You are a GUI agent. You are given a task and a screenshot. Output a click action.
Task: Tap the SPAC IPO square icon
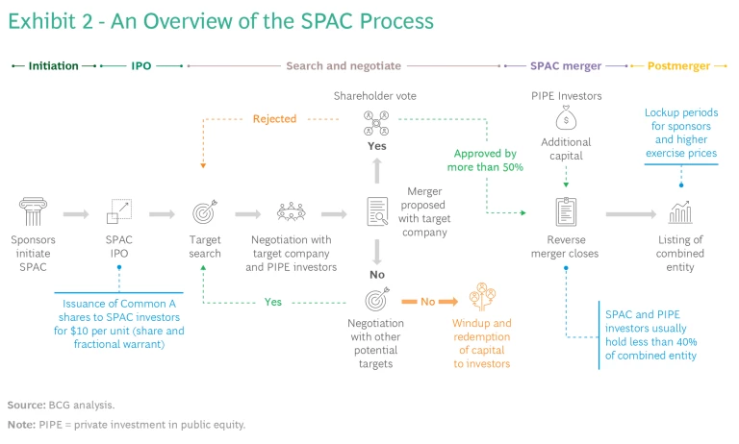click(x=120, y=211)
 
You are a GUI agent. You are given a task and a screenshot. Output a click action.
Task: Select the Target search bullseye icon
click(x=205, y=211)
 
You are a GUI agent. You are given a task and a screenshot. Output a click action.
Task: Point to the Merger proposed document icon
click(x=377, y=211)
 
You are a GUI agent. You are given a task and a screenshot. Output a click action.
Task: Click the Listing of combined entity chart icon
click(x=680, y=211)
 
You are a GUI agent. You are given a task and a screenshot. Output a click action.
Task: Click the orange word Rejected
click(x=274, y=119)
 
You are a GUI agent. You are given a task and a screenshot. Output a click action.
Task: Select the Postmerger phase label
click(x=678, y=66)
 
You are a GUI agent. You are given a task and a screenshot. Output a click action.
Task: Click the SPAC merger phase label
click(x=566, y=66)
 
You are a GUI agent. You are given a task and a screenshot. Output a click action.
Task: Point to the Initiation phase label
click(x=53, y=66)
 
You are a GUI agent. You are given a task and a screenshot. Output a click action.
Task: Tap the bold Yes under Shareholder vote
click(x=376, y=146)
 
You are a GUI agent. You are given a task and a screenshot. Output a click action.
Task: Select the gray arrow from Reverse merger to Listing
click(x=630, y=214)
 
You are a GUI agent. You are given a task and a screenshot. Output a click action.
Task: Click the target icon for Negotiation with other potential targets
click(x=376, y=300)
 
